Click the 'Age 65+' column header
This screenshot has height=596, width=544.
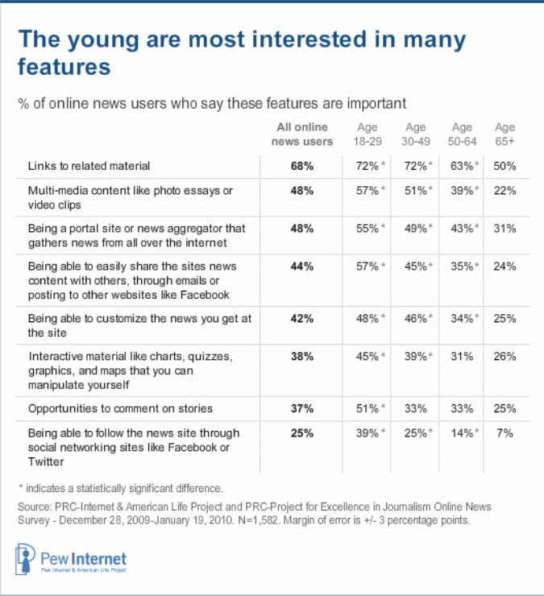point(505,135)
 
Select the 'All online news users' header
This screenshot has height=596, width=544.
point(302,135)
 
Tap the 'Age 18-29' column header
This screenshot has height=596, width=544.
point(368,135)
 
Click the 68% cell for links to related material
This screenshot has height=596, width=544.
point(302,166)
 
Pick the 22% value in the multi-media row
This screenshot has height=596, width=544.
point(505,191)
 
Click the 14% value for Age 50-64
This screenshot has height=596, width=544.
point(459,433)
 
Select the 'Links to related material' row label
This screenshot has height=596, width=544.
point(89,166)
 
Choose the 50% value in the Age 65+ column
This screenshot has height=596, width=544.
point(505,166)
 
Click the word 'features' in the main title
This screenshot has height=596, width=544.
point(64,68)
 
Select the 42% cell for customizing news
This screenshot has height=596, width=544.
point(302,318)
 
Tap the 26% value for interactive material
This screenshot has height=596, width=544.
point(505,357)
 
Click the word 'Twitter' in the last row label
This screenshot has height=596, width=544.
point(46,462)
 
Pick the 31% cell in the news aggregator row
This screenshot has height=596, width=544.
point(505,229)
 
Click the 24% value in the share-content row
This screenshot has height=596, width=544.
point(505,267)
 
